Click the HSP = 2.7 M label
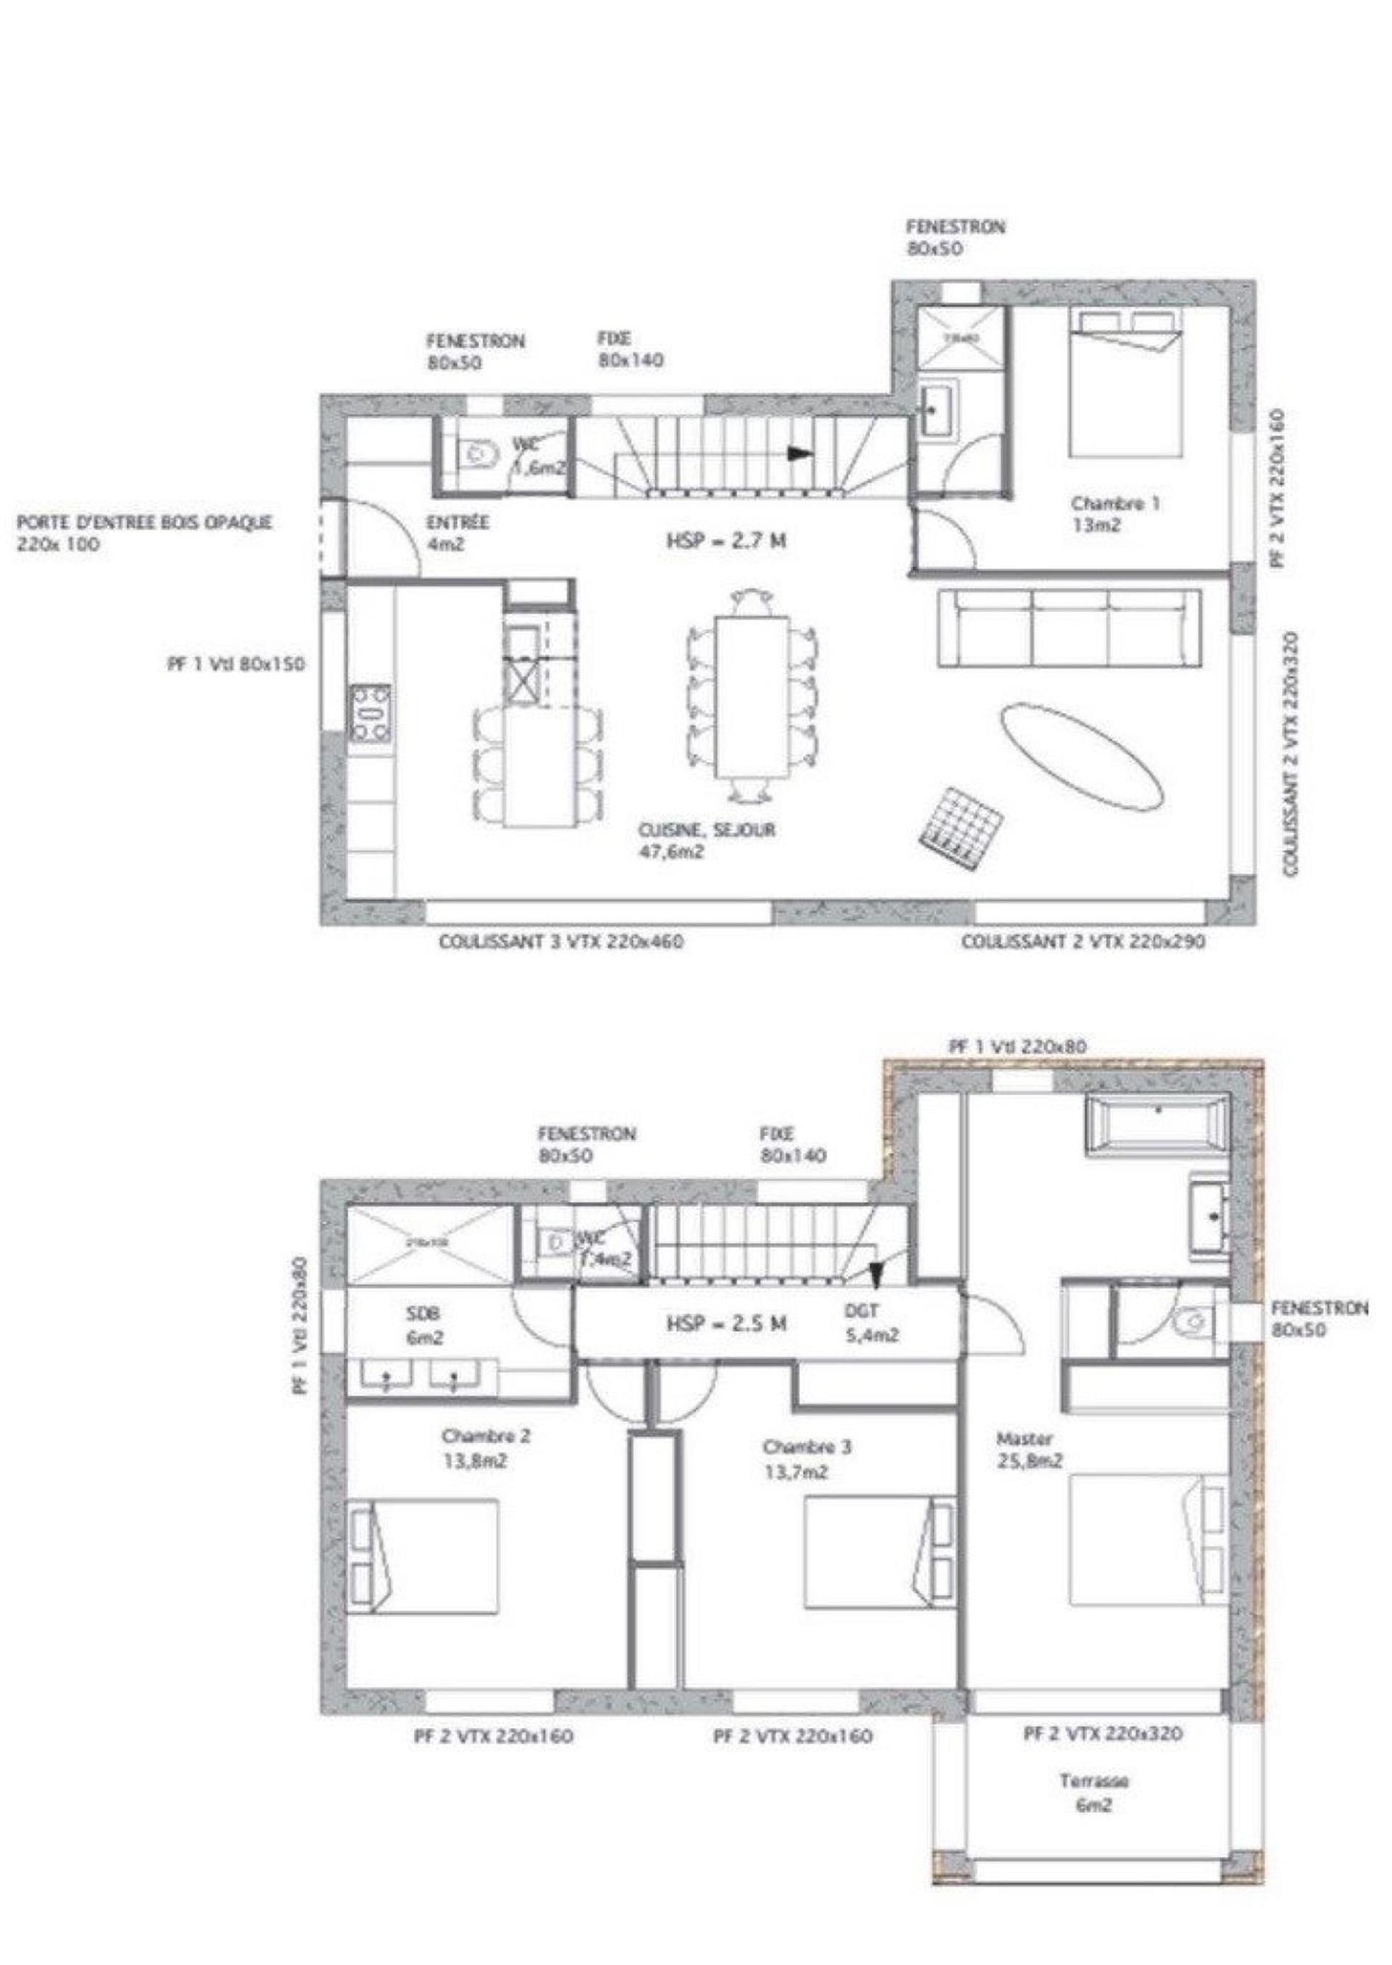tap(726, 541)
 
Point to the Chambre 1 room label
tap(1114, 513)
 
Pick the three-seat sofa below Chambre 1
tap(1067, 626)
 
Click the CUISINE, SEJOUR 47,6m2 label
tap(706, 841)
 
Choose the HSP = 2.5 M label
tap(726, 1323)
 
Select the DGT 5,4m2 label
tap(870, 1321)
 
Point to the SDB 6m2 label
tap(422, 1325)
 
